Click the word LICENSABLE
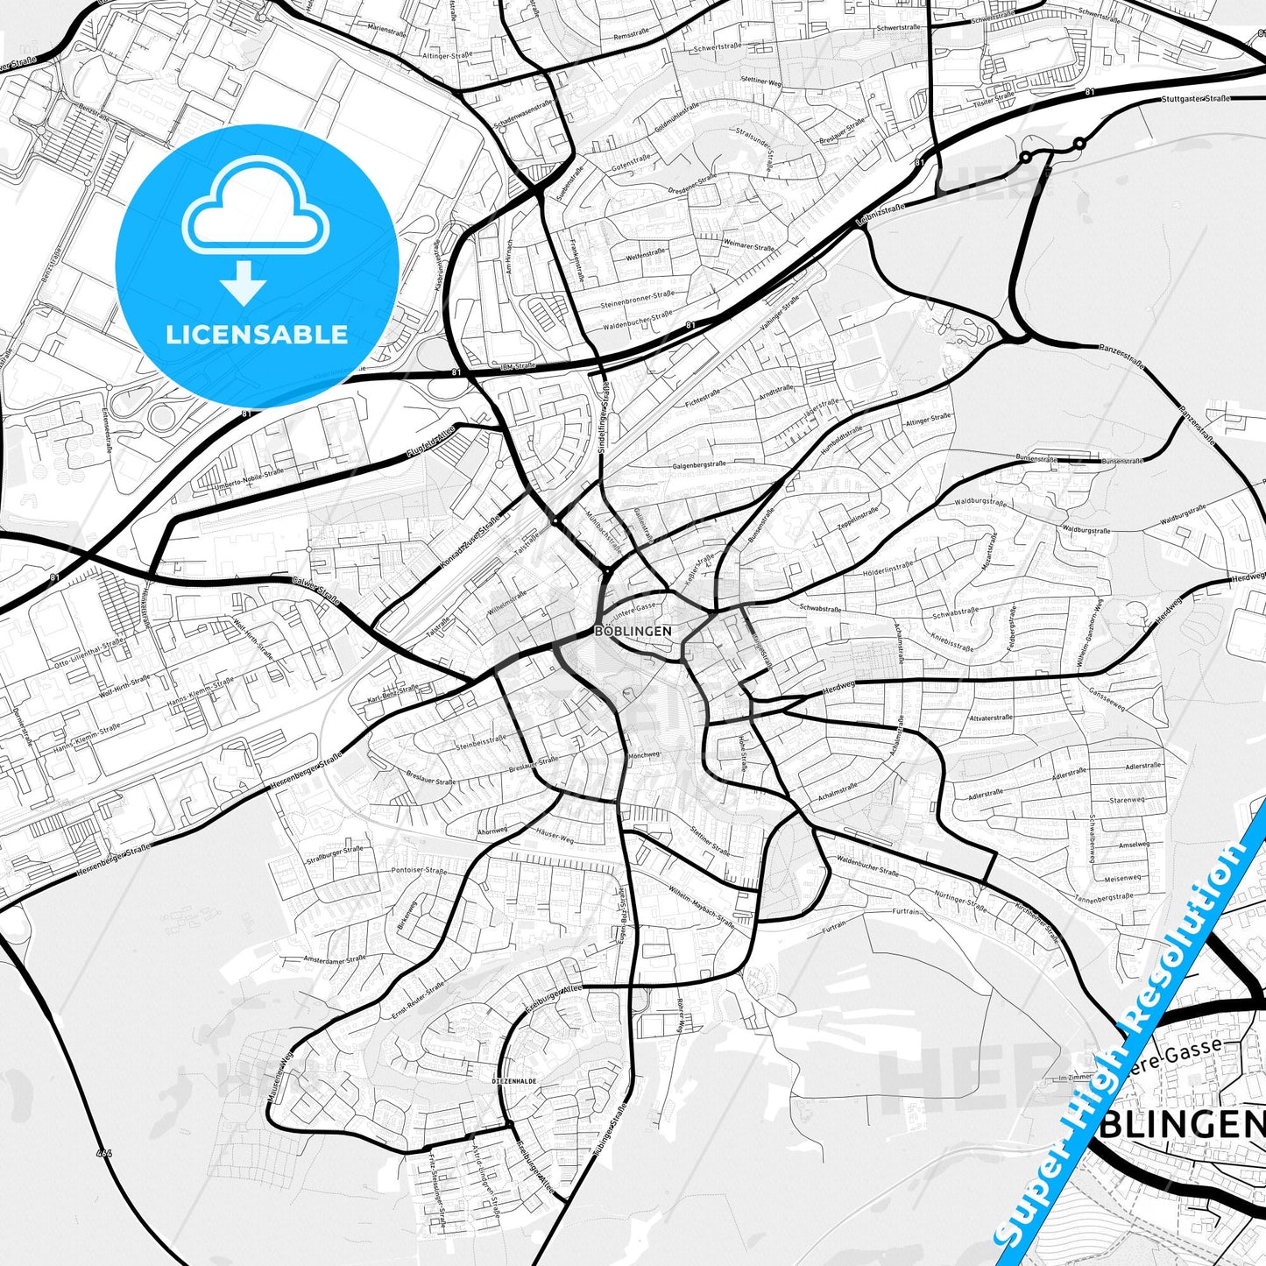click(257, 334)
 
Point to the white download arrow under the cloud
click(244, 282)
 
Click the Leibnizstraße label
click(881, 216)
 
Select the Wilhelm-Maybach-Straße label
click(701, 907)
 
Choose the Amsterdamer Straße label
click(334, 959)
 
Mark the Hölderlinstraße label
click(888, 569)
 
